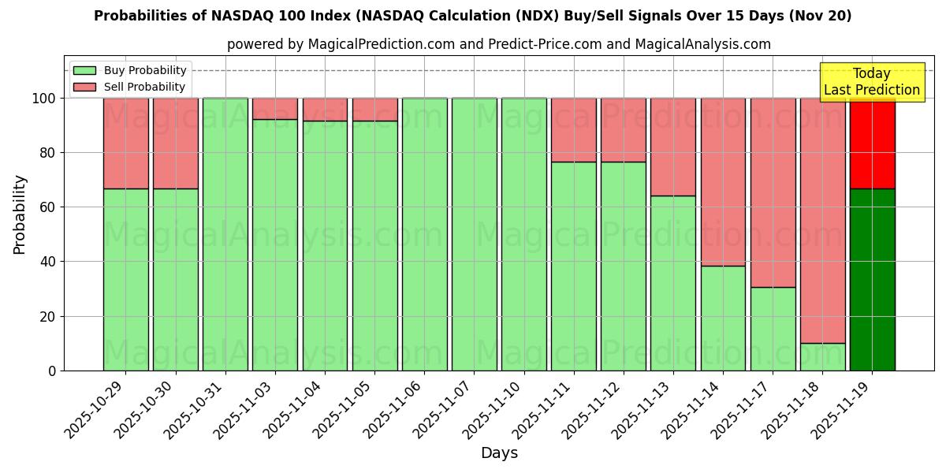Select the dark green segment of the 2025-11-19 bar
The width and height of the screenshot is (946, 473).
tap(872, 279)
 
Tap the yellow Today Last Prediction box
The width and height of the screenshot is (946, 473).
tap(871, 82)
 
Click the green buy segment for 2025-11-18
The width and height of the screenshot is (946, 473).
tap(822, 356)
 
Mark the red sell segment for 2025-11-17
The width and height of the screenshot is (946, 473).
tap(773, 192)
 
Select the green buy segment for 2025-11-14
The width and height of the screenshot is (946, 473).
tap(723, 318)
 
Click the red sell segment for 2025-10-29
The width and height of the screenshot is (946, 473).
tap(125, 143)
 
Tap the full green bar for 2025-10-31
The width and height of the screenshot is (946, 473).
tap(225, 234)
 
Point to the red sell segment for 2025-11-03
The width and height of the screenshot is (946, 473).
tap(274, 109)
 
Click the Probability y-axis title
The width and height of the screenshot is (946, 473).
tap(20, 214)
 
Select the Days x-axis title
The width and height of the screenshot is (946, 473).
tap(499, 453)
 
